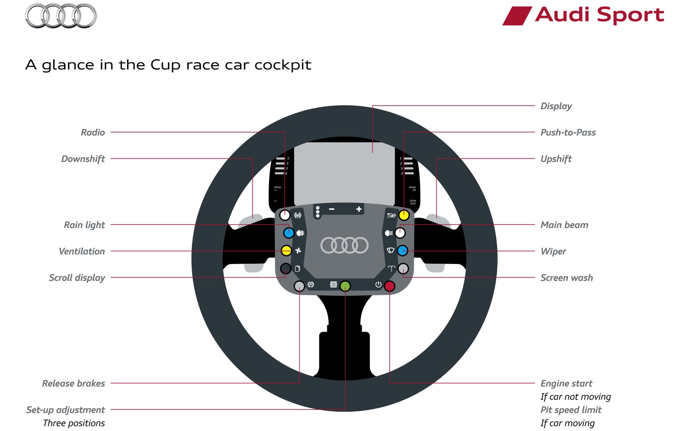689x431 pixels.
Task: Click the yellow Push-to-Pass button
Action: pyautogui.click(x=404, y=215)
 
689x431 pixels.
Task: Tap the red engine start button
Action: pyautogui.click(x=389, y=286)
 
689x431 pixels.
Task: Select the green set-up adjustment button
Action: pyautogui.click(x=345, y=286)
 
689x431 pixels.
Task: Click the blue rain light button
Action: pyautogui.click(x=289, y=233)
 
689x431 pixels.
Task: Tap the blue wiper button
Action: pyautogui.click(x=403, y=251)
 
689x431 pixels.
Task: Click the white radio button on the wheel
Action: pyautogui.click(x=285, y=215)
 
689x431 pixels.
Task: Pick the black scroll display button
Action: pyautogui.click(x=286, y=268)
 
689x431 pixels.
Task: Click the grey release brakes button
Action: pyautogui.click(x=299, y=286)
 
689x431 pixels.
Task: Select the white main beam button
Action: pyautogui.click(x=400, y=233)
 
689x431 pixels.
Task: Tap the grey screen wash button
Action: pyautogui.click(x=403, y=268)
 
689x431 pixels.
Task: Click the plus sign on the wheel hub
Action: pyautogui.click(x=359, y=209)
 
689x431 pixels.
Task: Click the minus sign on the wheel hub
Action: pyautogui.click(x=332, y=209)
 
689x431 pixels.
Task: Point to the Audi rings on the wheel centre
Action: pyautogui.click(x=344, y=245)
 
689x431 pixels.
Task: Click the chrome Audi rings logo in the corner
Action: pyautogui.click(x=61, y=16)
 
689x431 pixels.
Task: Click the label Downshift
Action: pyautogui.click(x=83, y=159)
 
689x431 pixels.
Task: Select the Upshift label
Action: pyautogui.click(x=556, y=159)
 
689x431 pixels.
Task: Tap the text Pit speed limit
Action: pyautogui.click(x=571, y=410)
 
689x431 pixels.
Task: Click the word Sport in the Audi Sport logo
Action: pyautogui.click(x=631, y=15)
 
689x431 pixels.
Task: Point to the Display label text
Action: pyautogui.click(x=556, y=106)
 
